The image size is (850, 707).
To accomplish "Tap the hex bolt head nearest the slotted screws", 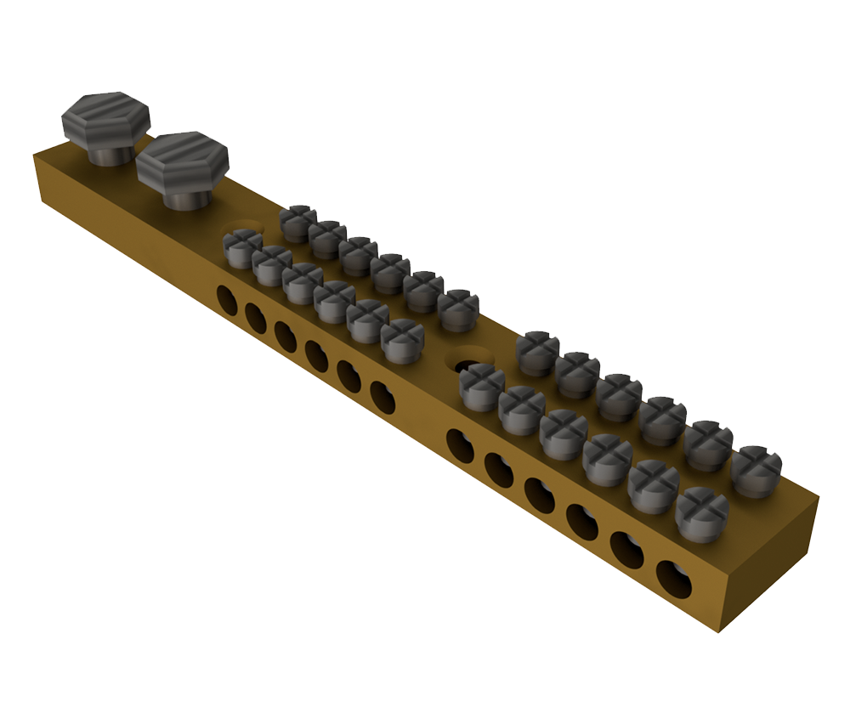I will click(183, 159).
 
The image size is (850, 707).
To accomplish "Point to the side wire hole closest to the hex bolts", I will click(227, 299).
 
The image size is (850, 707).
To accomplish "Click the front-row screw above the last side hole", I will click(702, 515).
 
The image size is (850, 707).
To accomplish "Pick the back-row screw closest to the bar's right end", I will click(756, 470).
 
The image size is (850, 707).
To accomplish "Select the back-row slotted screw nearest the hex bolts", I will click(298, 223).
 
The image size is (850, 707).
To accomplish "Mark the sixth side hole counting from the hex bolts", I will click(382, 396).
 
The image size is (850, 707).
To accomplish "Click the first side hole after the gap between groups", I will click(460, 445).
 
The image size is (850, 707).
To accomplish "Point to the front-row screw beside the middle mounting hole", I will click(482, 386).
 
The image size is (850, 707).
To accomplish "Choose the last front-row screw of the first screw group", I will click(402, 341).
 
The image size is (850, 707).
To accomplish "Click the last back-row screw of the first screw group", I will click(459, 310).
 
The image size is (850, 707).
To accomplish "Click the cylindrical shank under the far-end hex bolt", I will click(110, 154).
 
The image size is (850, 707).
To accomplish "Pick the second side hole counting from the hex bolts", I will click(256, 318).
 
